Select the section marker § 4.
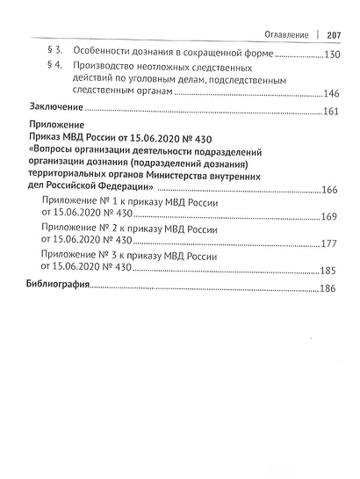click(53, 67)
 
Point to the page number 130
click(331, 54)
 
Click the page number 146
click(331, 94)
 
